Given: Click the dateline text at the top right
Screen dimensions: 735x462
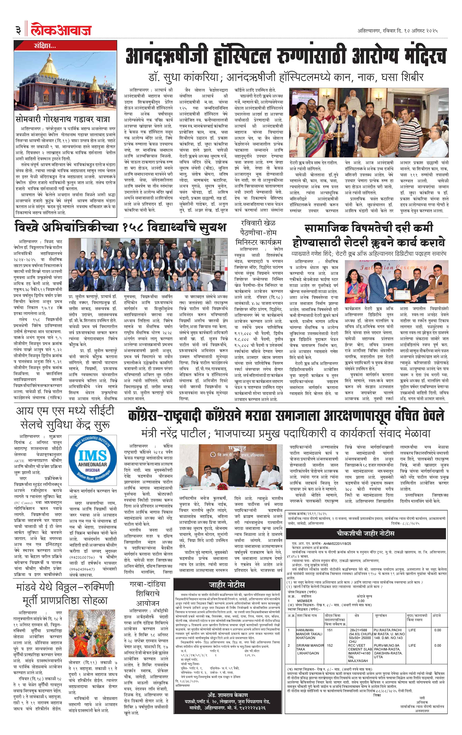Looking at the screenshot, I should (397, 31).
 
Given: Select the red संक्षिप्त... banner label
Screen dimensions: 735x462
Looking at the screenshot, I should (45, 46).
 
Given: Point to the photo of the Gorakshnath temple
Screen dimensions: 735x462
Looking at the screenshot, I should (65, 80).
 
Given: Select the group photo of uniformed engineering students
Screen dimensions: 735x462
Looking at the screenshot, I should (148, 264).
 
